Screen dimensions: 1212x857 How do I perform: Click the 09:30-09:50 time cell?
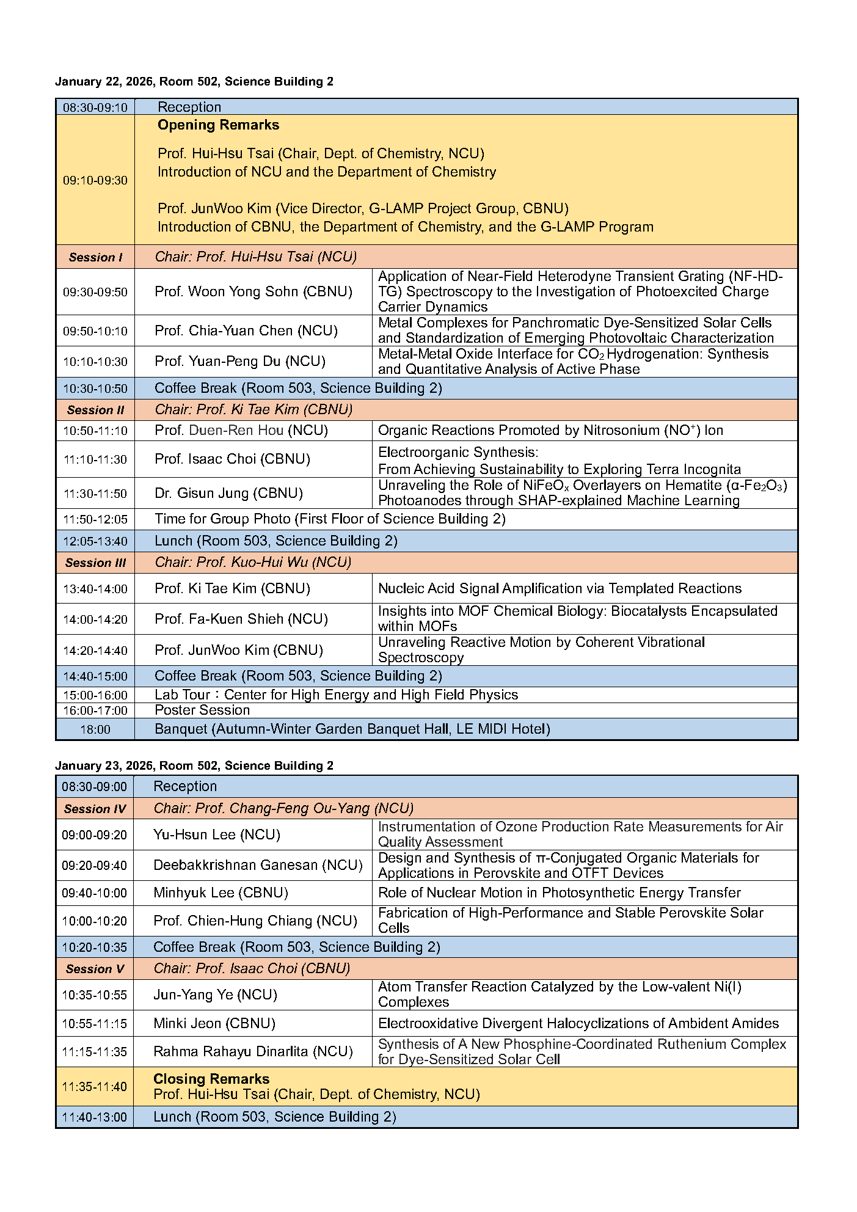point(95,292)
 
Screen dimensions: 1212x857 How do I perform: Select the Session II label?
point(95,410)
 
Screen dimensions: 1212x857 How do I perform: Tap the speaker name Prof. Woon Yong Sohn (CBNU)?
point(253,292)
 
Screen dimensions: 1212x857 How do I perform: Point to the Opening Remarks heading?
point(218,125)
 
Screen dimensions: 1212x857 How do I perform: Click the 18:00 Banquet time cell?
point(95,729)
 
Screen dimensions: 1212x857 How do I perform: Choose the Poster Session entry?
point(202,710)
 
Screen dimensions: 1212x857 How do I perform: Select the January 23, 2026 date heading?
point(194,766)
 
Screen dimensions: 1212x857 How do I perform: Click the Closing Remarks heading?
point(211,1079)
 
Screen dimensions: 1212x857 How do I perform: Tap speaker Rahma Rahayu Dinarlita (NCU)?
point(253,1051)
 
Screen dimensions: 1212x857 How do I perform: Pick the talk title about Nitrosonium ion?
point(550,431)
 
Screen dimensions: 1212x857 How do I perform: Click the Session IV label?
point(95,809)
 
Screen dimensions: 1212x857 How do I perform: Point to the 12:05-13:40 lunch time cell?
point(95,541)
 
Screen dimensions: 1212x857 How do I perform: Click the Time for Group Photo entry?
point(330,519)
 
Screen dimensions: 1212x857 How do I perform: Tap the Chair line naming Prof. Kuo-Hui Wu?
point(253,563)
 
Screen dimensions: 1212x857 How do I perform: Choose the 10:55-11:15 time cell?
point(95,1024)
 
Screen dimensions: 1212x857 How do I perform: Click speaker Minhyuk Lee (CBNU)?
point(221,893)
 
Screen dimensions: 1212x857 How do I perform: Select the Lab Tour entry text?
point(336,695)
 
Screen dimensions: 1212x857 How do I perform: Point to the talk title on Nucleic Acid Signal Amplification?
point(560,589)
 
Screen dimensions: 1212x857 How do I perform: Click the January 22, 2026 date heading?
point(194,82)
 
